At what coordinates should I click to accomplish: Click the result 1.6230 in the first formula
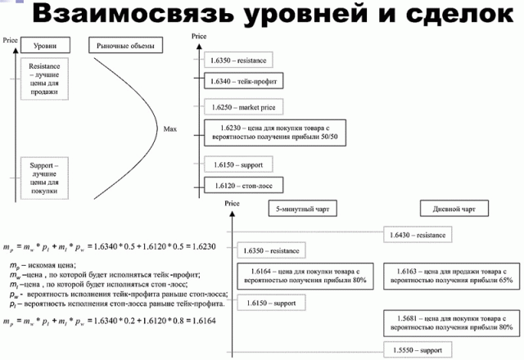[197, 246]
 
